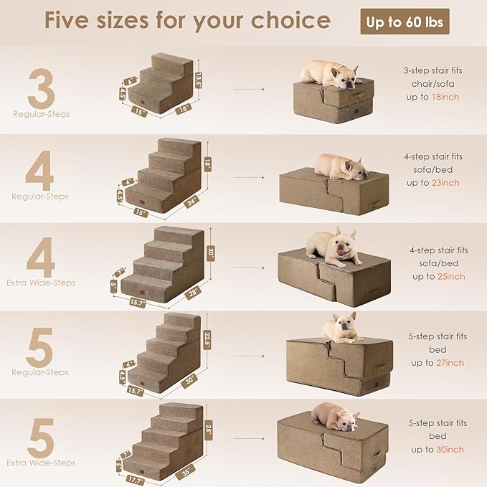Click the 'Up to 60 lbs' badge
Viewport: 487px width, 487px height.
tap(405, 22)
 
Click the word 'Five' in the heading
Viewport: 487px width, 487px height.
tap(73, 21)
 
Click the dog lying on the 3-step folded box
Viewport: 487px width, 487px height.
tap(330, 73)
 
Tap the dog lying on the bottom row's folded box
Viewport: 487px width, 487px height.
tap(335, 417)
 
